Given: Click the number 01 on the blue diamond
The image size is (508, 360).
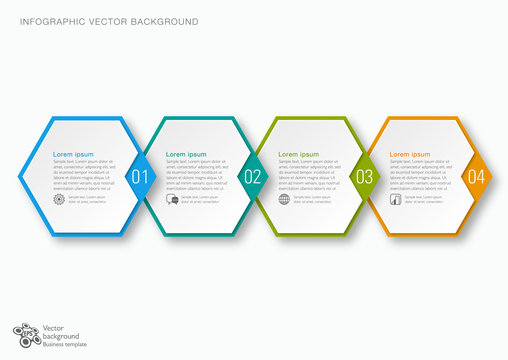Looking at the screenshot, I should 139,177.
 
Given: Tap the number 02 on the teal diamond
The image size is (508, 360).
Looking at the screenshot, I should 252,177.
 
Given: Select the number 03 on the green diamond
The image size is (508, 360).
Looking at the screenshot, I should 364,177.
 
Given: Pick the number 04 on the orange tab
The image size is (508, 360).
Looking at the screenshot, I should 476,177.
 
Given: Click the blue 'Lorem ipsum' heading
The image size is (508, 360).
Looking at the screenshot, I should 73,154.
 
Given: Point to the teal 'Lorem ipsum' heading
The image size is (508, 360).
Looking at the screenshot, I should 186,154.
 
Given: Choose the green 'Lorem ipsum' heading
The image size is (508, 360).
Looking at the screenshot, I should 298,154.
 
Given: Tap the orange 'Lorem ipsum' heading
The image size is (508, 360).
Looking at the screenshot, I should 410,154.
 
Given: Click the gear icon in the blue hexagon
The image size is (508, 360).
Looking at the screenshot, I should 59,199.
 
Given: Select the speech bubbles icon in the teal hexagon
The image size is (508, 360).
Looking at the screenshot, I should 172,199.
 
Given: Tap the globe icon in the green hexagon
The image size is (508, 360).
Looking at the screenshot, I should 284,199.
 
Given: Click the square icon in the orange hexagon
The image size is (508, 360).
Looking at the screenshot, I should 396,199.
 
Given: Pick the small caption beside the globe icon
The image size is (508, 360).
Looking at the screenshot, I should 311,199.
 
